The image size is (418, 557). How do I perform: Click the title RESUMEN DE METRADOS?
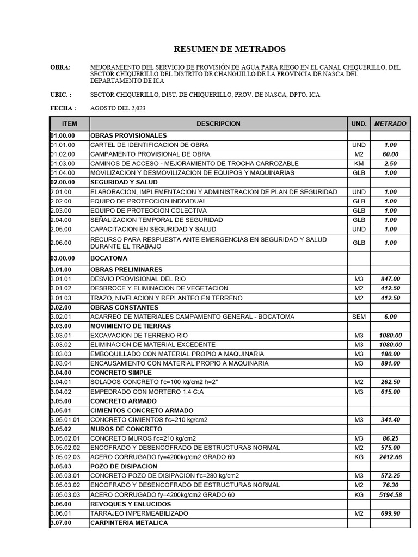click(x=229, y=49)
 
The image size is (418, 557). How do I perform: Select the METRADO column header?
click(x=390, y=123)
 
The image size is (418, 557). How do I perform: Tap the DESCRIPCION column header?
click(x=218, y=123)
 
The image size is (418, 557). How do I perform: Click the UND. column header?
click(x=359, y=123)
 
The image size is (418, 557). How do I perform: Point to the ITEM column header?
click(x=70, y=123)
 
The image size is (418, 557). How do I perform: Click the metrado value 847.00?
click(x=390, y=279)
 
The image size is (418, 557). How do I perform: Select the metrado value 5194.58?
click(x=390, y=494)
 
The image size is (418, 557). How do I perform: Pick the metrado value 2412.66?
click(x=390, y=457)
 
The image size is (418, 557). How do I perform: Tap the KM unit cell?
click(x=359, y=163)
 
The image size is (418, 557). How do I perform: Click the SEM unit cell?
click(x=359, y=317)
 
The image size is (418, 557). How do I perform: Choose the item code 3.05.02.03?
click(x=65, y=457)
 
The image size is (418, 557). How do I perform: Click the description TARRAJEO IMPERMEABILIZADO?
click(x=139, y=513)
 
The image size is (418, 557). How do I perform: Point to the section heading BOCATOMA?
click(x=109, y=258)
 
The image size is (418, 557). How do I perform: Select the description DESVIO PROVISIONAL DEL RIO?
click(x=138, y=279)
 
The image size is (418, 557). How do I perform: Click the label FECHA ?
click(x=63, y=108)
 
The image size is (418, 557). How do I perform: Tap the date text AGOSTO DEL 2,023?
click(x=118, y=108)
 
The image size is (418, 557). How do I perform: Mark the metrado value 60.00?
click(x=390, y=154)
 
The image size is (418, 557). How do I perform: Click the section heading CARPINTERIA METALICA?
click(x=129, y=523)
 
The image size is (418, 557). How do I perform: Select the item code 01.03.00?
click(x=63, y=163)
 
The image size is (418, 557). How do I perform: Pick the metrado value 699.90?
click(x=390, y=513)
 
